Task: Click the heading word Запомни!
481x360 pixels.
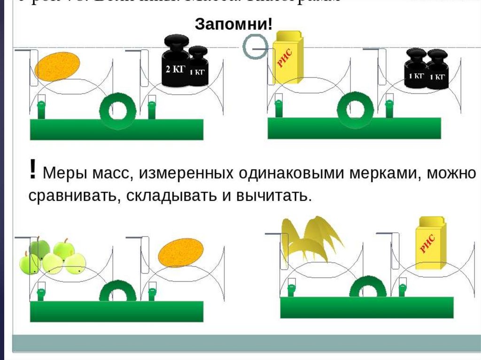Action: click(x=233, y=24)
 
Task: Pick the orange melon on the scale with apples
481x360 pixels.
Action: click(x=180, y=251)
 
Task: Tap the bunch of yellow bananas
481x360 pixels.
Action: click(x=310, y=238)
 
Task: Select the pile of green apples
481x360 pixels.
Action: click(x=52, y=258)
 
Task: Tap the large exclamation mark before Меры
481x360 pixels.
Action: click(x=32, y=170)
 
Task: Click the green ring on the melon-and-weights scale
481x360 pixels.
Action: click(x=117, y=111)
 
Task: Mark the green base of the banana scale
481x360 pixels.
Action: click(x=367, y=307)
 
